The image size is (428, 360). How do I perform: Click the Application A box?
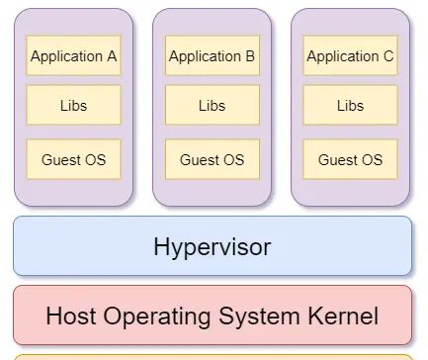73,56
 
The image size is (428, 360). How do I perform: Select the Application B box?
212,56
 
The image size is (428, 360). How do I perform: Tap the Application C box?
350,56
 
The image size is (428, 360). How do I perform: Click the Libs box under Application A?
73,106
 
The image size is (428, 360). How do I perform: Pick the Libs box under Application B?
212,106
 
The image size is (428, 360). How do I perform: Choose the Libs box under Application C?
350,106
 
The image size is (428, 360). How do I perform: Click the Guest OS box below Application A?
73,159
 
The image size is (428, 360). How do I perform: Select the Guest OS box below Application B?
212,159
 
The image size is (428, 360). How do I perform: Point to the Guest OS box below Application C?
350,159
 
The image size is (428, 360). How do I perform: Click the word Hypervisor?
212,246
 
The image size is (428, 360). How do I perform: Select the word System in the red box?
263,316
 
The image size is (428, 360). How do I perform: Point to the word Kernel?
343,316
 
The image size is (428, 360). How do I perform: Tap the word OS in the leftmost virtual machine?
95,159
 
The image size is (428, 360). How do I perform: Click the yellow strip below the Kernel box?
212,356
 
